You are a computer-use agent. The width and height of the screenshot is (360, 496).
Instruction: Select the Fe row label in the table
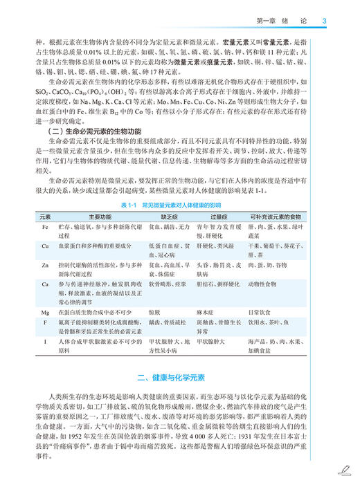pos(46,226)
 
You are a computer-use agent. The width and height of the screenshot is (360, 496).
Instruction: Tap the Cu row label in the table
pos(46,246)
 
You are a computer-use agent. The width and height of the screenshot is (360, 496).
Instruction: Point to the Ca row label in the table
pos(46,284)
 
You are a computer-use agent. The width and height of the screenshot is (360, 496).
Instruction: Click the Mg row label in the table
pos(46,312)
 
